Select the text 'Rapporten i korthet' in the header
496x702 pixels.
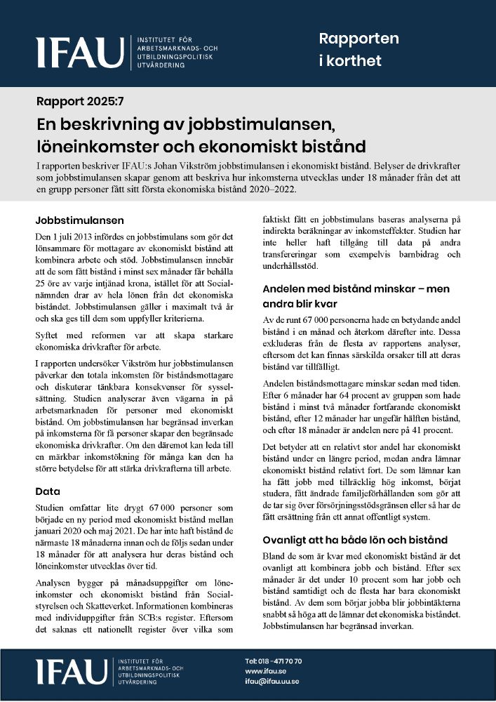pos(358,49)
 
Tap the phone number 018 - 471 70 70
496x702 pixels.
pos(274,661)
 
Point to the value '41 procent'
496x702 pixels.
pos(428,430)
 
